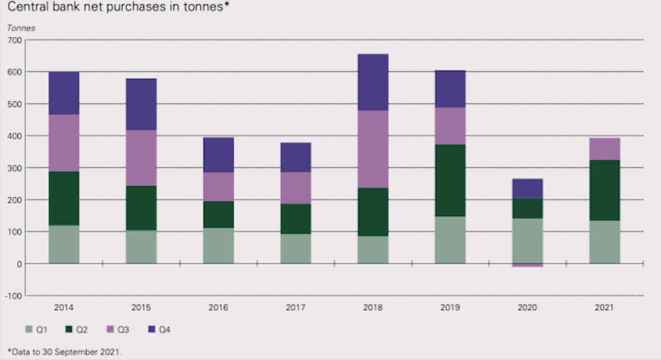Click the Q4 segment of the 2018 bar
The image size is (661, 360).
point(373,82)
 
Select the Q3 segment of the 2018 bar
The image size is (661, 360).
point(373,149)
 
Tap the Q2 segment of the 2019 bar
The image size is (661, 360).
point(450,180)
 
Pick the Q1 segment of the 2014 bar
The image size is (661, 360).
point(64,244)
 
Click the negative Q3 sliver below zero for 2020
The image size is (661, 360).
point(527,265)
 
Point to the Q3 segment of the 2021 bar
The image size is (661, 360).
point(605,149)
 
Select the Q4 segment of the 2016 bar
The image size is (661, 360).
point(218,155)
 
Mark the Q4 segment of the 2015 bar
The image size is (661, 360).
point(141,104)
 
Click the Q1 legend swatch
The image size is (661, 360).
point(29,330)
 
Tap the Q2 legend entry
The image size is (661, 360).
point(76,330)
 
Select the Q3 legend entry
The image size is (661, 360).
point(117,330)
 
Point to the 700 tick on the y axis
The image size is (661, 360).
point(15,40)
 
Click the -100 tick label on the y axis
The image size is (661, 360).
point(14,296)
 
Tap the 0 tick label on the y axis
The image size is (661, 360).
point(19,264)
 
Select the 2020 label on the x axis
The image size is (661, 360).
point(527,307)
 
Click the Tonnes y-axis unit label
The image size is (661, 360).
point(21,28)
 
